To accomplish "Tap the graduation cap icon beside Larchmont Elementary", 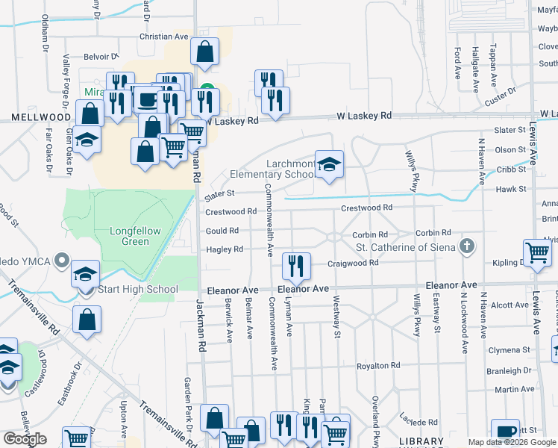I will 328,164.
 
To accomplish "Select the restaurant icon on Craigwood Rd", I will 296,265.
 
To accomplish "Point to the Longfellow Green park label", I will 135,236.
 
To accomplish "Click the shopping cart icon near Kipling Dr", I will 538,252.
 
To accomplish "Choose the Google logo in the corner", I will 25,439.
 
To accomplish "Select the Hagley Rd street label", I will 225,249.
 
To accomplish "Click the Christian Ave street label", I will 164,36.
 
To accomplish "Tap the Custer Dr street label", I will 501,96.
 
